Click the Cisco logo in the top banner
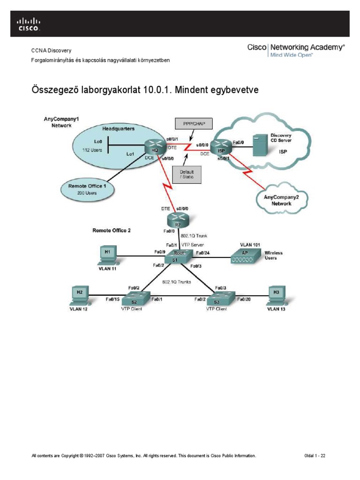coord(29,24)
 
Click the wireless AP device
coord(244,255)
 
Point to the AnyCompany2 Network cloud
coord(281,201)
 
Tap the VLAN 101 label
coord(249,245)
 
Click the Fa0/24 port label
coord(202,254)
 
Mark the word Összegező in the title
coord(59,89)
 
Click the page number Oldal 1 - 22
coord(315,456)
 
